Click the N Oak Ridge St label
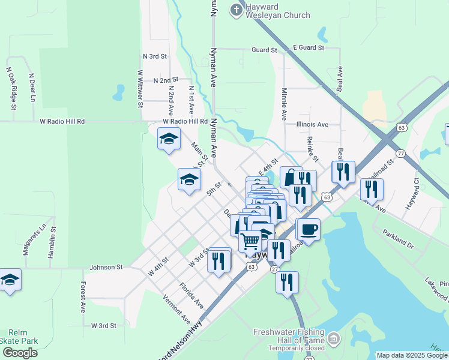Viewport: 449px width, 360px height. [10, 88]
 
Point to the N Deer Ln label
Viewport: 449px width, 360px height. [32, 88]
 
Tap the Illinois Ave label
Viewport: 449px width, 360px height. [312, 125]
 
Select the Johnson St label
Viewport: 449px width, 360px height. [106, 267]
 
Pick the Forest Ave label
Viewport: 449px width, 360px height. [83, 297]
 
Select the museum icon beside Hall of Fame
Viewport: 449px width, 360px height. [334, 340]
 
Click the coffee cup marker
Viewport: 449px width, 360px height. [309, 229]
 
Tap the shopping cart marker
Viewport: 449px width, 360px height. [250, 241]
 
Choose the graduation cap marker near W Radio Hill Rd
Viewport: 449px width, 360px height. [169, 139]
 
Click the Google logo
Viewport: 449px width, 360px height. [20, 353]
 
